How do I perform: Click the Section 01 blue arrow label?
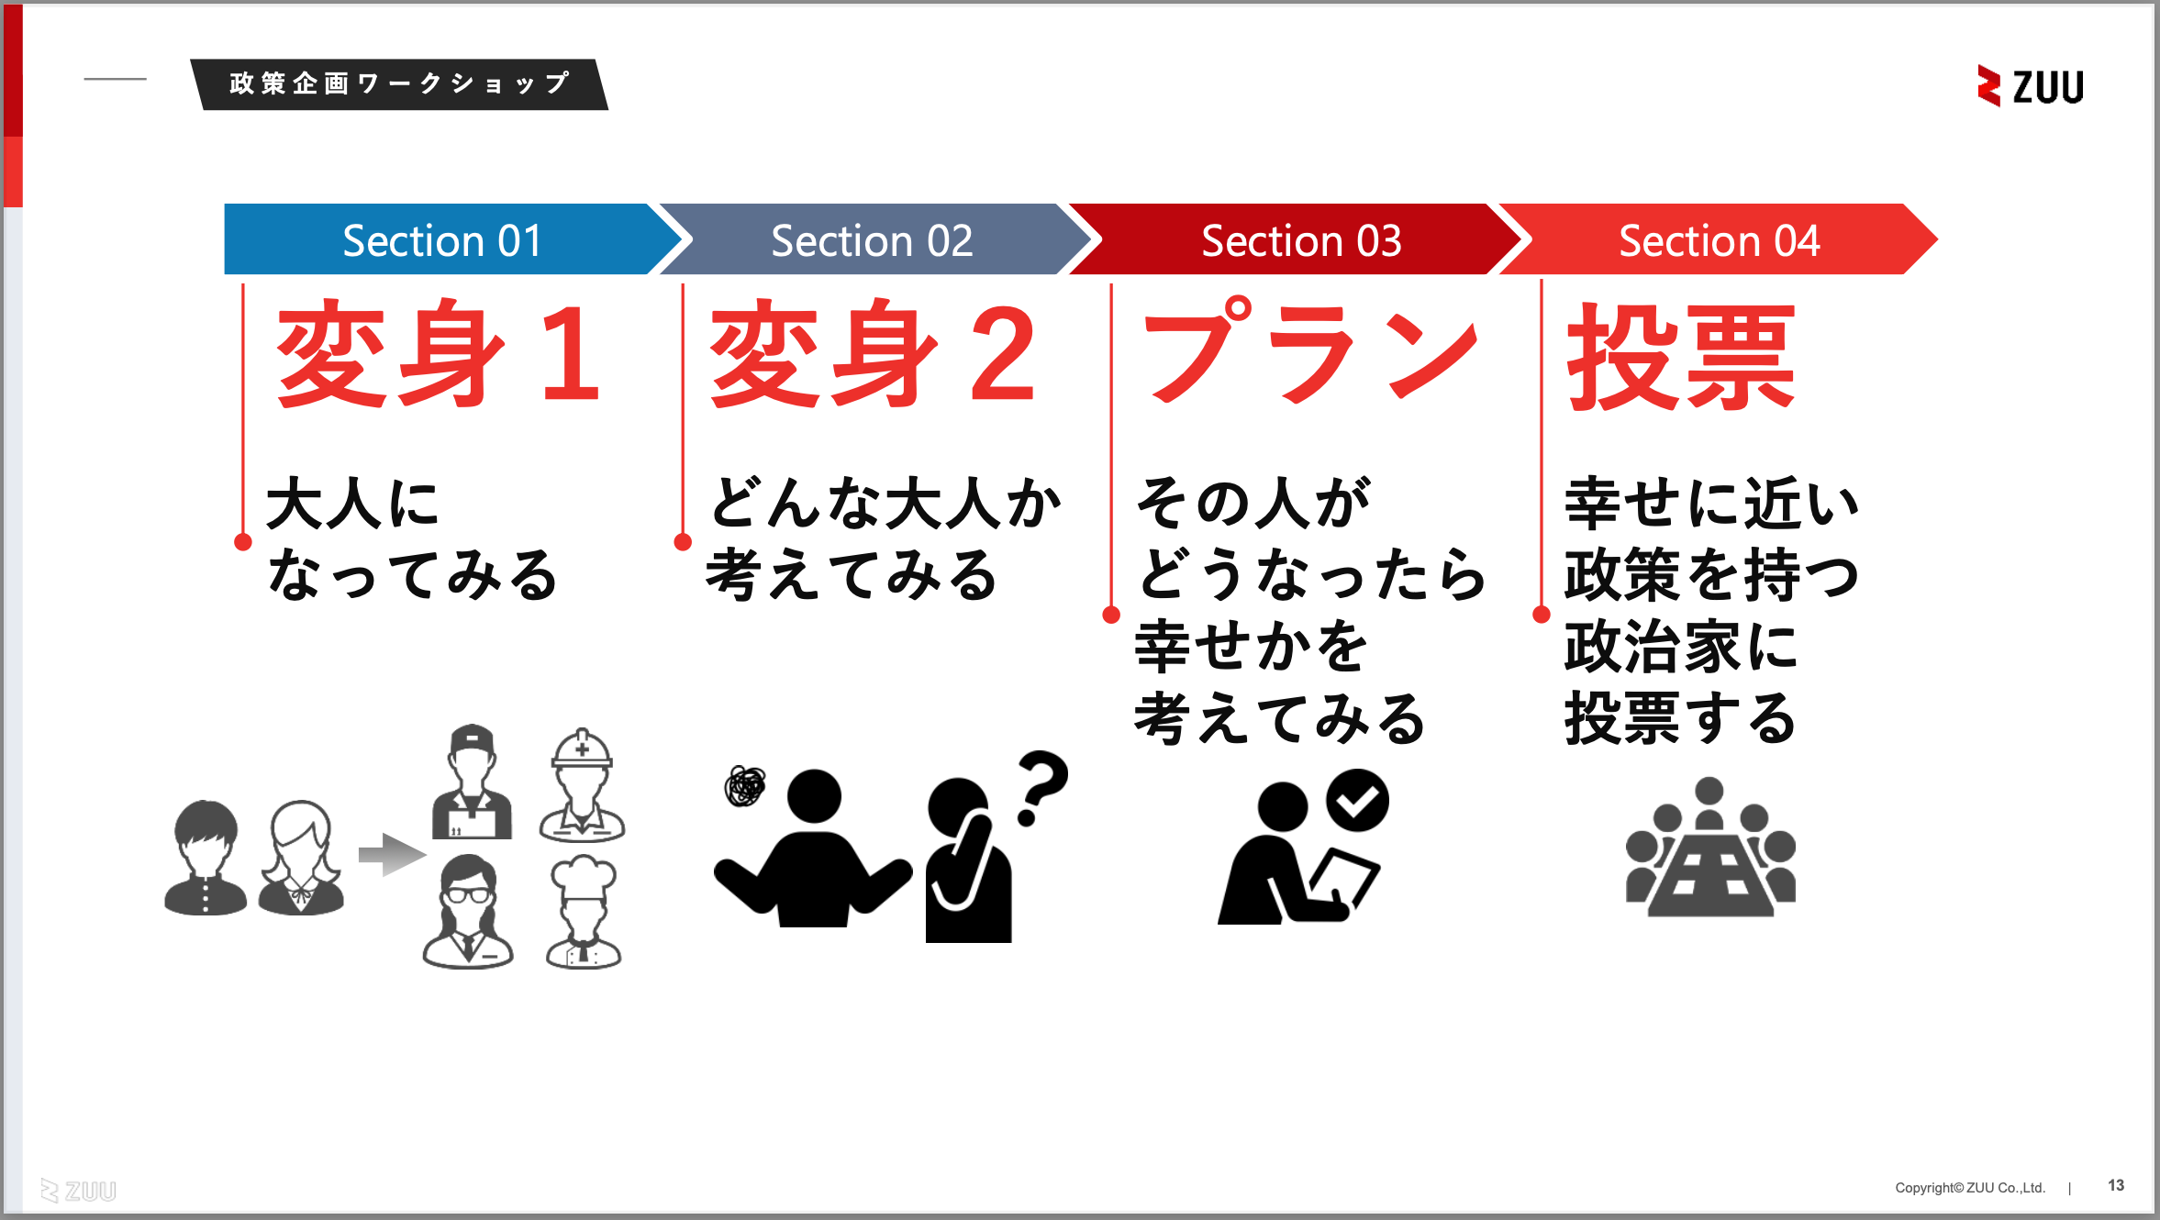pyautogui.click(x=442, y=240)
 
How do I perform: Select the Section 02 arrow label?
pyautogui.click(x=872, y=240)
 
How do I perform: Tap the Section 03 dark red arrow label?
pyautogui.click(x=1301, y=240)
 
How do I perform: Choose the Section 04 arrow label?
pyautogui.click(x=1719, y=240)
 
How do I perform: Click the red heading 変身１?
pyautogui.click(x=439, y=355)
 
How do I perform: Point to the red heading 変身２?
pyautogui.click(x=873, y=355)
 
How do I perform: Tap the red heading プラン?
pyautogui.click(x=1310, y=353)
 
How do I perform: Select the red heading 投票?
pyautogui.click(x=1682, y=357)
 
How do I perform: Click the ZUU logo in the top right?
pyautogui.click(x=2030, y=86)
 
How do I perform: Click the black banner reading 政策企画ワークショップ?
pyautogui.click(x=399, y=84)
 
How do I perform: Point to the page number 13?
pyautogui.click(x=2116, y=1185)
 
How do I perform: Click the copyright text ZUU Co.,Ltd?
pyautogui.click(x=1970, y=1188)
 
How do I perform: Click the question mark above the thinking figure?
pyautogui.click(x=1042, y=787)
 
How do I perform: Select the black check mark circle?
pyautogui.click(x=1357, y=801)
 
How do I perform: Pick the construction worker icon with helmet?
pyautogui.click(x=582, y=785)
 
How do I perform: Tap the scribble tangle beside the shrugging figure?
pyautogui.click(x=745, y=786)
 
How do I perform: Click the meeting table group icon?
pyautogui.click(x=1710, y=848)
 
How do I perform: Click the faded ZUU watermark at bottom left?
pyautogui.click(x=79, y=1191)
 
